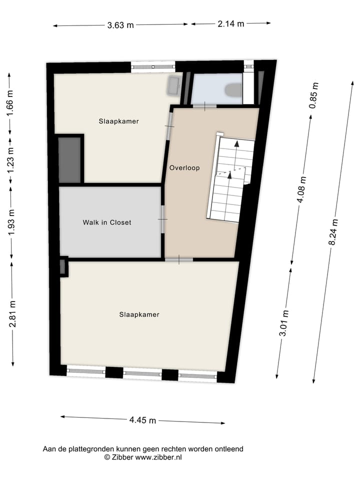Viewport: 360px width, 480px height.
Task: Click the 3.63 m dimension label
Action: point(120,25)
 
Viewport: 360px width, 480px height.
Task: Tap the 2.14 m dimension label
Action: point(230,23)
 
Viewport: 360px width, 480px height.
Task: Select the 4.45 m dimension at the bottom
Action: point(142,420)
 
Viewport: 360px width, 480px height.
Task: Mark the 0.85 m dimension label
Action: point(313,95)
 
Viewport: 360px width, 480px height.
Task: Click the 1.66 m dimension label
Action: point(10,103)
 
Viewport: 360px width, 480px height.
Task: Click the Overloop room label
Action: point(184,168)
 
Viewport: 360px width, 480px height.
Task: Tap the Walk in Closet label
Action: point(107,222)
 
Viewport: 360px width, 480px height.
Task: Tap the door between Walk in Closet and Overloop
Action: point(162,219)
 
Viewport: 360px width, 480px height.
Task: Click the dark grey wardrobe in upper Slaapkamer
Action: point(69,159)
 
